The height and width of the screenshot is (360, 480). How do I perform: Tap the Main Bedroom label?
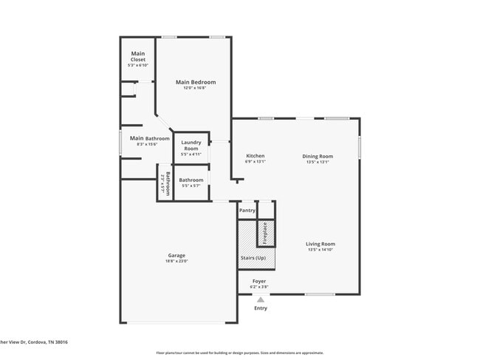(196, 82)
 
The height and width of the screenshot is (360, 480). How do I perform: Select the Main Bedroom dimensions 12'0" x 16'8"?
(196, 89)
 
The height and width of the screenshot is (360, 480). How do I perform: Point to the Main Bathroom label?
(149, 138)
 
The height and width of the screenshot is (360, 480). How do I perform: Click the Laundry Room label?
(191, 146)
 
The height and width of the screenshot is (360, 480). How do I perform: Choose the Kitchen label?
(255, 156)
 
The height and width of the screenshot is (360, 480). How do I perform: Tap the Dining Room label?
(318, 156)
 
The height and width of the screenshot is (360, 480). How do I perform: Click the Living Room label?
(320, 244)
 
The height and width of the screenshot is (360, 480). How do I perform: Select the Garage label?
(176, 256)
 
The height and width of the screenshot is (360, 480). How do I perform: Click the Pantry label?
(247, 211)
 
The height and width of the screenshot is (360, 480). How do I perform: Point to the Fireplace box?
(266, 233)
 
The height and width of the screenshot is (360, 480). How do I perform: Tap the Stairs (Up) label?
(253, 257)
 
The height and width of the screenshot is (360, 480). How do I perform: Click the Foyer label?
(258, 281)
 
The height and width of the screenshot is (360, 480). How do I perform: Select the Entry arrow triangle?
(260, 299)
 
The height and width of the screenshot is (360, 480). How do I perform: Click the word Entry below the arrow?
(261, 308)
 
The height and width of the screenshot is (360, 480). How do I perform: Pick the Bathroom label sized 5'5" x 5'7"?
(191, 180)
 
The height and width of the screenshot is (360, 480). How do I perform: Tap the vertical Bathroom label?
(167, 182)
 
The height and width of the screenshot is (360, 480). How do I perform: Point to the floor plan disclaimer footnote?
(239, 353)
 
